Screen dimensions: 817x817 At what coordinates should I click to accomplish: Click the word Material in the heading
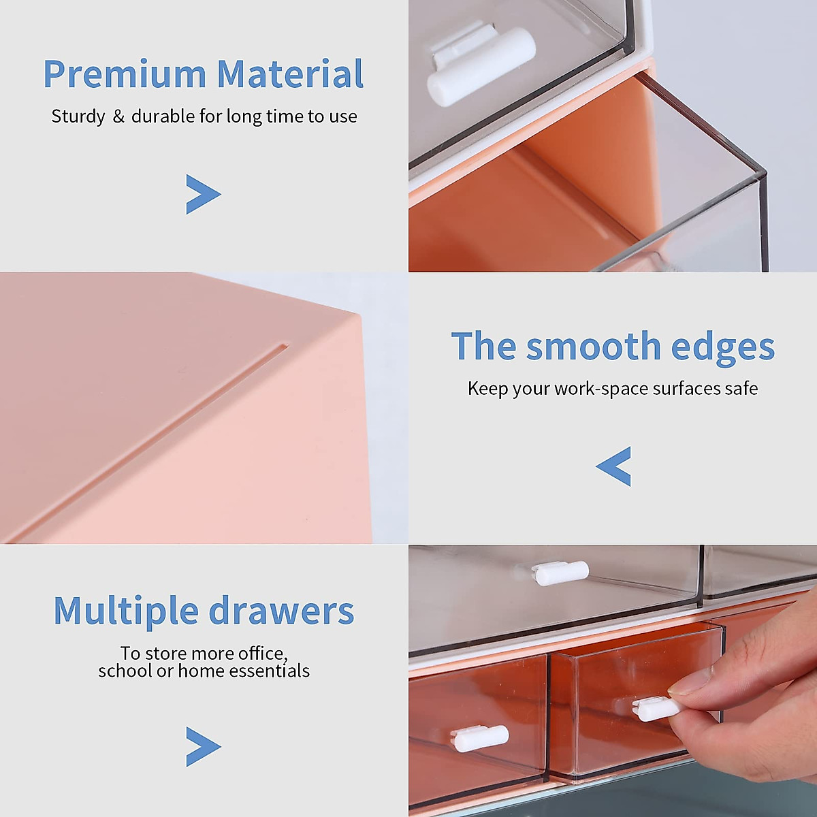[290, 74]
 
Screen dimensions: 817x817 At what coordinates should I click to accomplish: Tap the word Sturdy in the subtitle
[78, 116]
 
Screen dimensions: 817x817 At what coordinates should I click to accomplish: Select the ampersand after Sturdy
[118, 116]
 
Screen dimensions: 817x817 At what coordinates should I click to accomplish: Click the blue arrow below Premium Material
[203, 195]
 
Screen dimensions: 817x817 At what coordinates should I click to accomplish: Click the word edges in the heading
[722, 348]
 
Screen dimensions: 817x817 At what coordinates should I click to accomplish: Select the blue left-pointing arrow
[613, 466]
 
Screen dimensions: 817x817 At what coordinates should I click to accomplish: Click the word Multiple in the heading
[126, 611]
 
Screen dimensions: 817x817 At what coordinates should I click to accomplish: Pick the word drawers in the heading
[281, 611]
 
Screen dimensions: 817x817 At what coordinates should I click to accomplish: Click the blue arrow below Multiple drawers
[203, 746]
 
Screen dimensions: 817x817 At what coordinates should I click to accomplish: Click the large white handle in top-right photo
[481, 67]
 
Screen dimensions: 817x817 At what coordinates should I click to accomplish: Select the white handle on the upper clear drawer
[560, 573]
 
